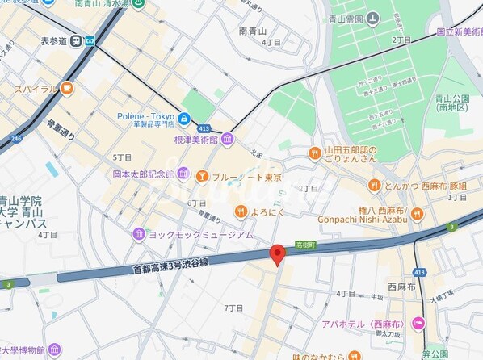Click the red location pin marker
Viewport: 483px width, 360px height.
click(278, 254)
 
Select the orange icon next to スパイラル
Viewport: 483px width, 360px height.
click(66, 89)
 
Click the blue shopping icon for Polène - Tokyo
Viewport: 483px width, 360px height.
click(185, 120)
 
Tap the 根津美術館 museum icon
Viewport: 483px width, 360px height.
click(229, 140)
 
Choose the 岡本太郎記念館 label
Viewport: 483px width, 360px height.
click(143, 174)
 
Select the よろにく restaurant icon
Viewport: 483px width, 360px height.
click(240, 211)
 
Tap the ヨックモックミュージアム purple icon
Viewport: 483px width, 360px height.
click(139, 234)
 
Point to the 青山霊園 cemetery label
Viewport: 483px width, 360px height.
click(365, 18)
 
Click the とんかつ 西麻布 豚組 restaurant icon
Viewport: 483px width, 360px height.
click(374, 185)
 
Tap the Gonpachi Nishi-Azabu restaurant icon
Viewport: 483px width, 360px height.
click(417, 214)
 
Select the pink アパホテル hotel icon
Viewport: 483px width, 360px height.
click(418, 324)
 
